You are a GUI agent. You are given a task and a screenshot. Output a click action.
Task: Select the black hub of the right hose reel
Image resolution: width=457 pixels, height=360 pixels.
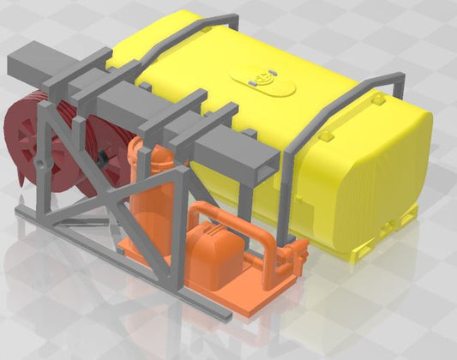(104, 158)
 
